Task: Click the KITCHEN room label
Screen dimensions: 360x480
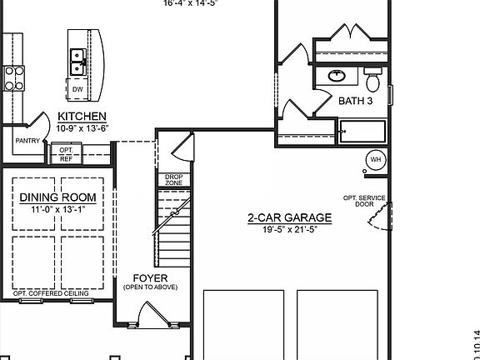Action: click(81, 116)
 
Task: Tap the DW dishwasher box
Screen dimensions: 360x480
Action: click(77, 89)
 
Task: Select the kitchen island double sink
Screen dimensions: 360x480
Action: click(77, 57)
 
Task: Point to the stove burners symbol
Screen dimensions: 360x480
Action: click(14, 77)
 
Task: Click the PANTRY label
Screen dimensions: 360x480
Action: click(27, 141)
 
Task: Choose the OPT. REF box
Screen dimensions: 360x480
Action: click(66, 153)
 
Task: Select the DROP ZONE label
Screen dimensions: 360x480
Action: click(173, 180)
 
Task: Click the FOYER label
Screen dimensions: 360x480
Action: click(150, 277)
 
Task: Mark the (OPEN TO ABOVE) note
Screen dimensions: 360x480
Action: click(150, 287)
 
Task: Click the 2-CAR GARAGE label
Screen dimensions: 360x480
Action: click(290, 218)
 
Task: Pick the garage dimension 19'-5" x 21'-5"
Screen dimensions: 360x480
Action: click(290, 229)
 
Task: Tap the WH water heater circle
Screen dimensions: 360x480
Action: click(375, 160)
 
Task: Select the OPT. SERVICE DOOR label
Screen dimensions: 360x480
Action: click(364, 201)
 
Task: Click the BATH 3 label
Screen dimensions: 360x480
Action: click(356, 101)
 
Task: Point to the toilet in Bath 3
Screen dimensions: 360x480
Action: click(373, 82)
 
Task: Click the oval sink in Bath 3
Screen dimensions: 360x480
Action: click(337, 76)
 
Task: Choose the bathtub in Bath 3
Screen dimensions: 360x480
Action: click(362, 132)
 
